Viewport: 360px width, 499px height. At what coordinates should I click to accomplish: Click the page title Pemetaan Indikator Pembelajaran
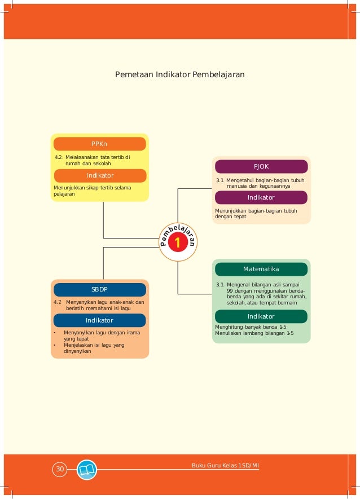point(179,74)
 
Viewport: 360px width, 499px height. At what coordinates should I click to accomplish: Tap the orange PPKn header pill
point(100,144)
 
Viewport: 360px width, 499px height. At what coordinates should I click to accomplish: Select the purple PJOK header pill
point(261,166)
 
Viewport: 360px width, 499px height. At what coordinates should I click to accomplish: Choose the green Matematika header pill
point(261,269)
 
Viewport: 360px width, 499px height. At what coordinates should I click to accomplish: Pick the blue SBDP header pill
point(99,290)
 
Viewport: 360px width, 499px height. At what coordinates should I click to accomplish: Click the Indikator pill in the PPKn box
point(100,175)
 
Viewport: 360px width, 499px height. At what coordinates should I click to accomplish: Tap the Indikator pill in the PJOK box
point(261,197)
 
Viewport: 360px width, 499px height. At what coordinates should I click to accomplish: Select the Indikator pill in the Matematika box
point(261,316)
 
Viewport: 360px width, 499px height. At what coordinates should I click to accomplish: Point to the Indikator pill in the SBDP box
point(99,320)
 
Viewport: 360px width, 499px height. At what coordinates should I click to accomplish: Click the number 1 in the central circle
point(178,243)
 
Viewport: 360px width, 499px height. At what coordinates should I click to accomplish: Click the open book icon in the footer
point(87,470)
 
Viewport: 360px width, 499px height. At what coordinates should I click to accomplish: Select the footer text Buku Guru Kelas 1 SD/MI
point(225,465)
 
